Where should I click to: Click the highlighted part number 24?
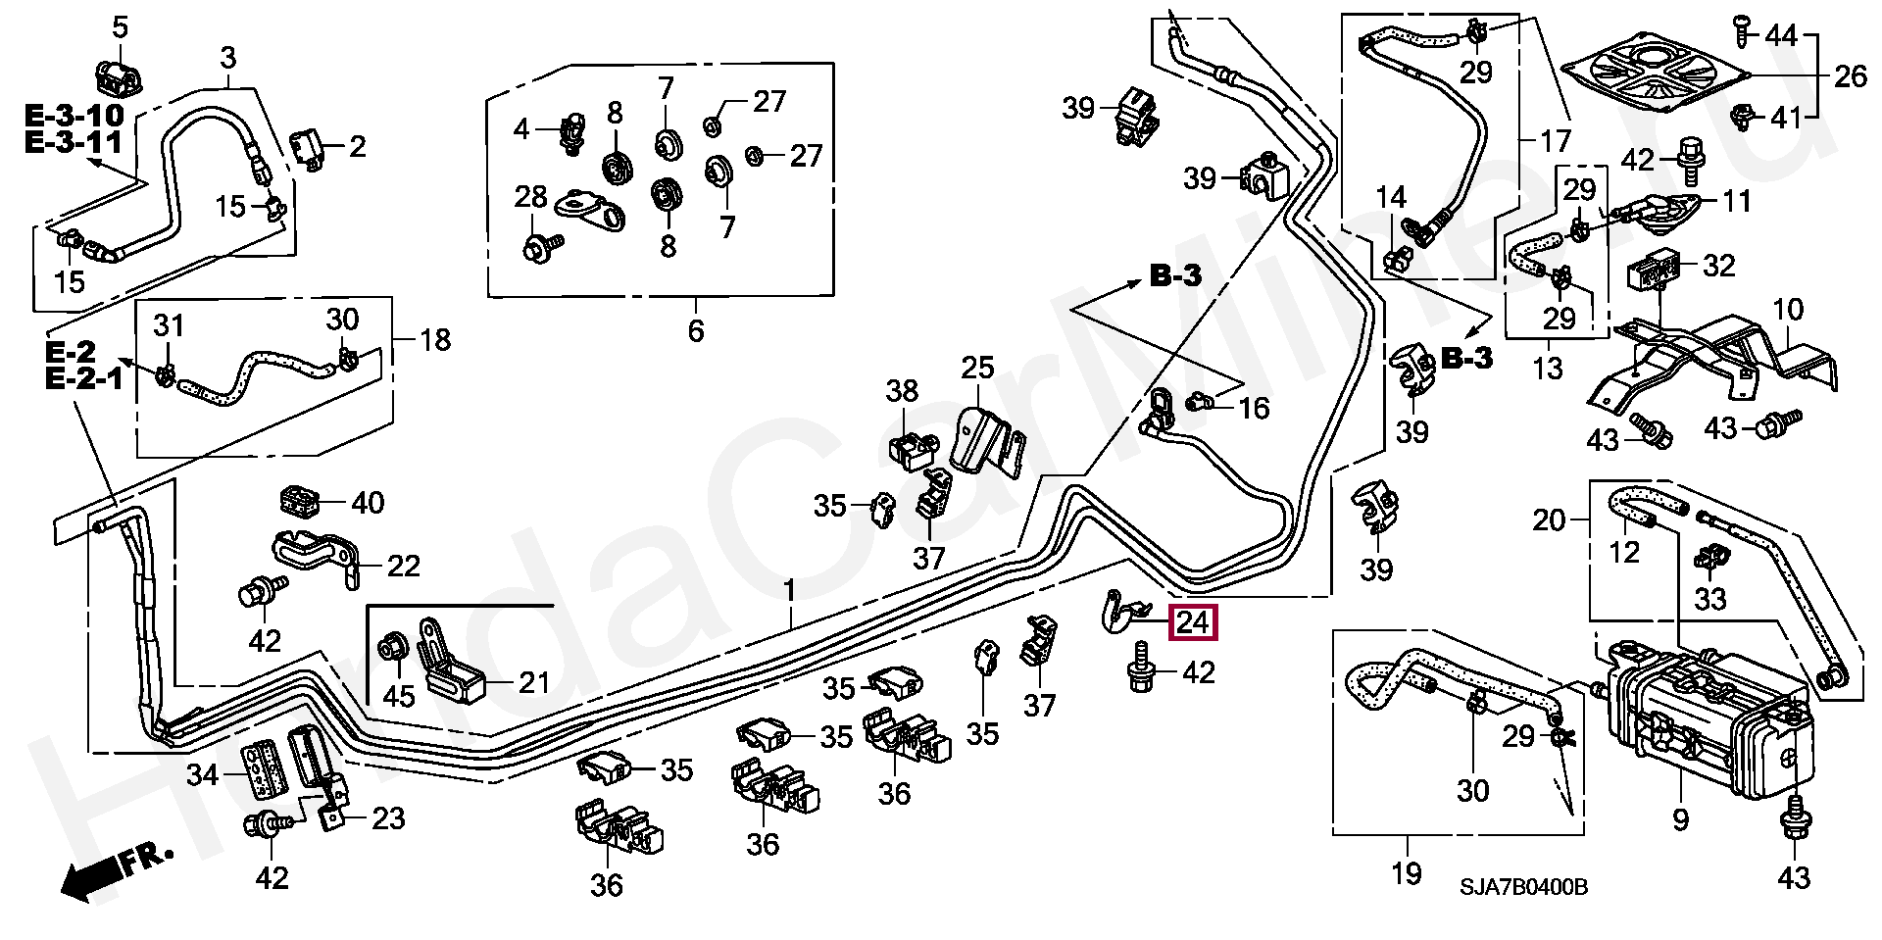pyautogui.click(x=1193, y=622)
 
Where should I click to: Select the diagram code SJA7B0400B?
pyautogui.click(x=1523, y=887)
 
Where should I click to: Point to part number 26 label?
pyautogui.click(x=1850, y=75)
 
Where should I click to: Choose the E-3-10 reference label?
pyautogui.click(x=74, y=115)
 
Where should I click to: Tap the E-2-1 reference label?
pyautogui.click(x=84, y=378)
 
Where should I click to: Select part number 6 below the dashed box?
pyautogui.click(x=695, y=330)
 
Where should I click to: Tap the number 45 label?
pyautogui.click(x=399, y=696)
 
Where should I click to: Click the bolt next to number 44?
pyautogui.click(x=1742, y=31)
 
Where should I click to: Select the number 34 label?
pyautogui.click(x=203, y=775)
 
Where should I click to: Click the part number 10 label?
pyautogui.click(x=1788, y=310)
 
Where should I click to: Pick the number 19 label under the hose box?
pyautogui.click(x=1407, y=872)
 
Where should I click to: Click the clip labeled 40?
pyautogui.click(x=296, y=501)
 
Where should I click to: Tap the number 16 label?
pyautogui.click(x=1254, y=408)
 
